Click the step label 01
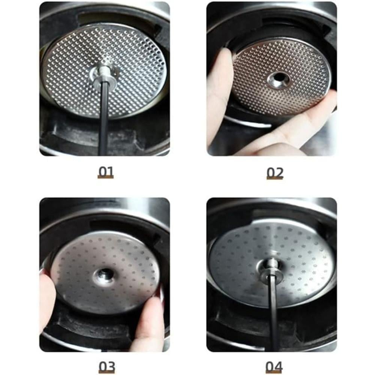point(105,171)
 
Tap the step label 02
point(275,172)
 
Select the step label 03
point(106,366)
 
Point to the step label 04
point(274,366)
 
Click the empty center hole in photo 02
point(278,78)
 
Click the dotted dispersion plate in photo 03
point(105,273)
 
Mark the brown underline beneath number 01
point(105,177)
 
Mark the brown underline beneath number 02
point(275,178)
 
